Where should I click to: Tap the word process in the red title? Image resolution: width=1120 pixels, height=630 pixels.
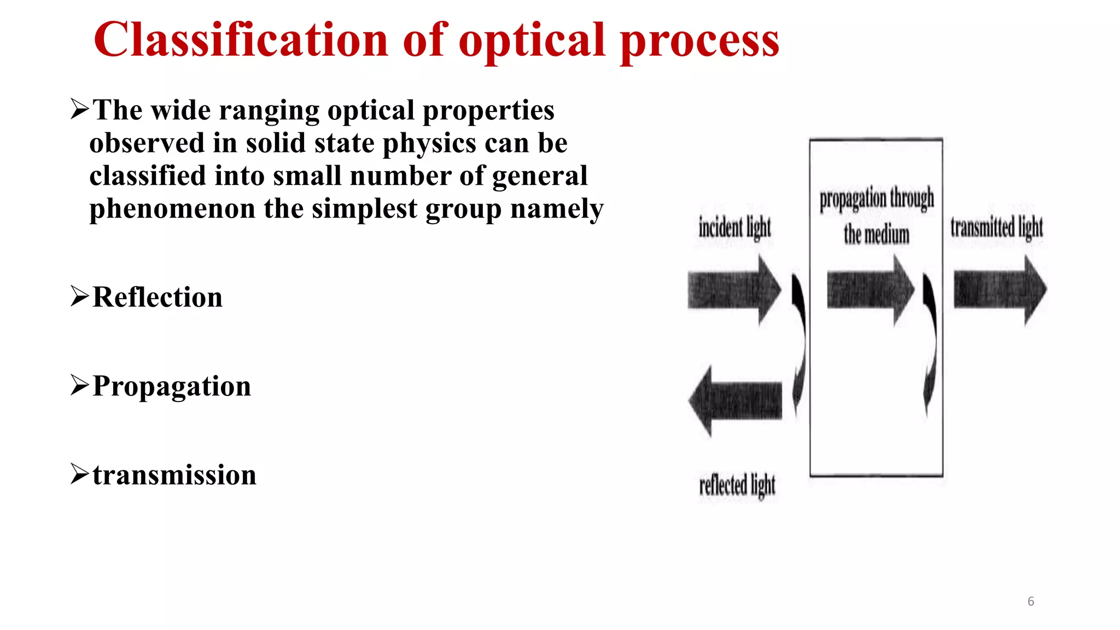point(699,41)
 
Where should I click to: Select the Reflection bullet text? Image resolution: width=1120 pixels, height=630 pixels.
point(157,297)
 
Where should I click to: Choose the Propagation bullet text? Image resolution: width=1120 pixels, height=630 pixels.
point(172,387)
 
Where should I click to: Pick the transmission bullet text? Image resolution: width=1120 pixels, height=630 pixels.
point(174,475)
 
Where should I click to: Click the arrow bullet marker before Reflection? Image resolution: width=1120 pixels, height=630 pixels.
point(79,296)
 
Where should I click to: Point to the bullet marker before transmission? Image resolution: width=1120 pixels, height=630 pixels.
point(79,474)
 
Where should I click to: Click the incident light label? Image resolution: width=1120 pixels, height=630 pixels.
point(734,227)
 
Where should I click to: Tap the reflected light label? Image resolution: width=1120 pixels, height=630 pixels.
point(737,485)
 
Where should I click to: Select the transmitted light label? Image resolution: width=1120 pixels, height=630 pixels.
point(996,227)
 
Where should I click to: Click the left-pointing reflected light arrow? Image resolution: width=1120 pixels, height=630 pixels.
point(735,401)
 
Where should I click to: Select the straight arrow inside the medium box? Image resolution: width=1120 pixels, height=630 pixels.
point(870,290)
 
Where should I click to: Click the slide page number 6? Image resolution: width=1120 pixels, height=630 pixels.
point(1031,602)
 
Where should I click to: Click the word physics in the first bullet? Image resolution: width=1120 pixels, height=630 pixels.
point(429,144)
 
